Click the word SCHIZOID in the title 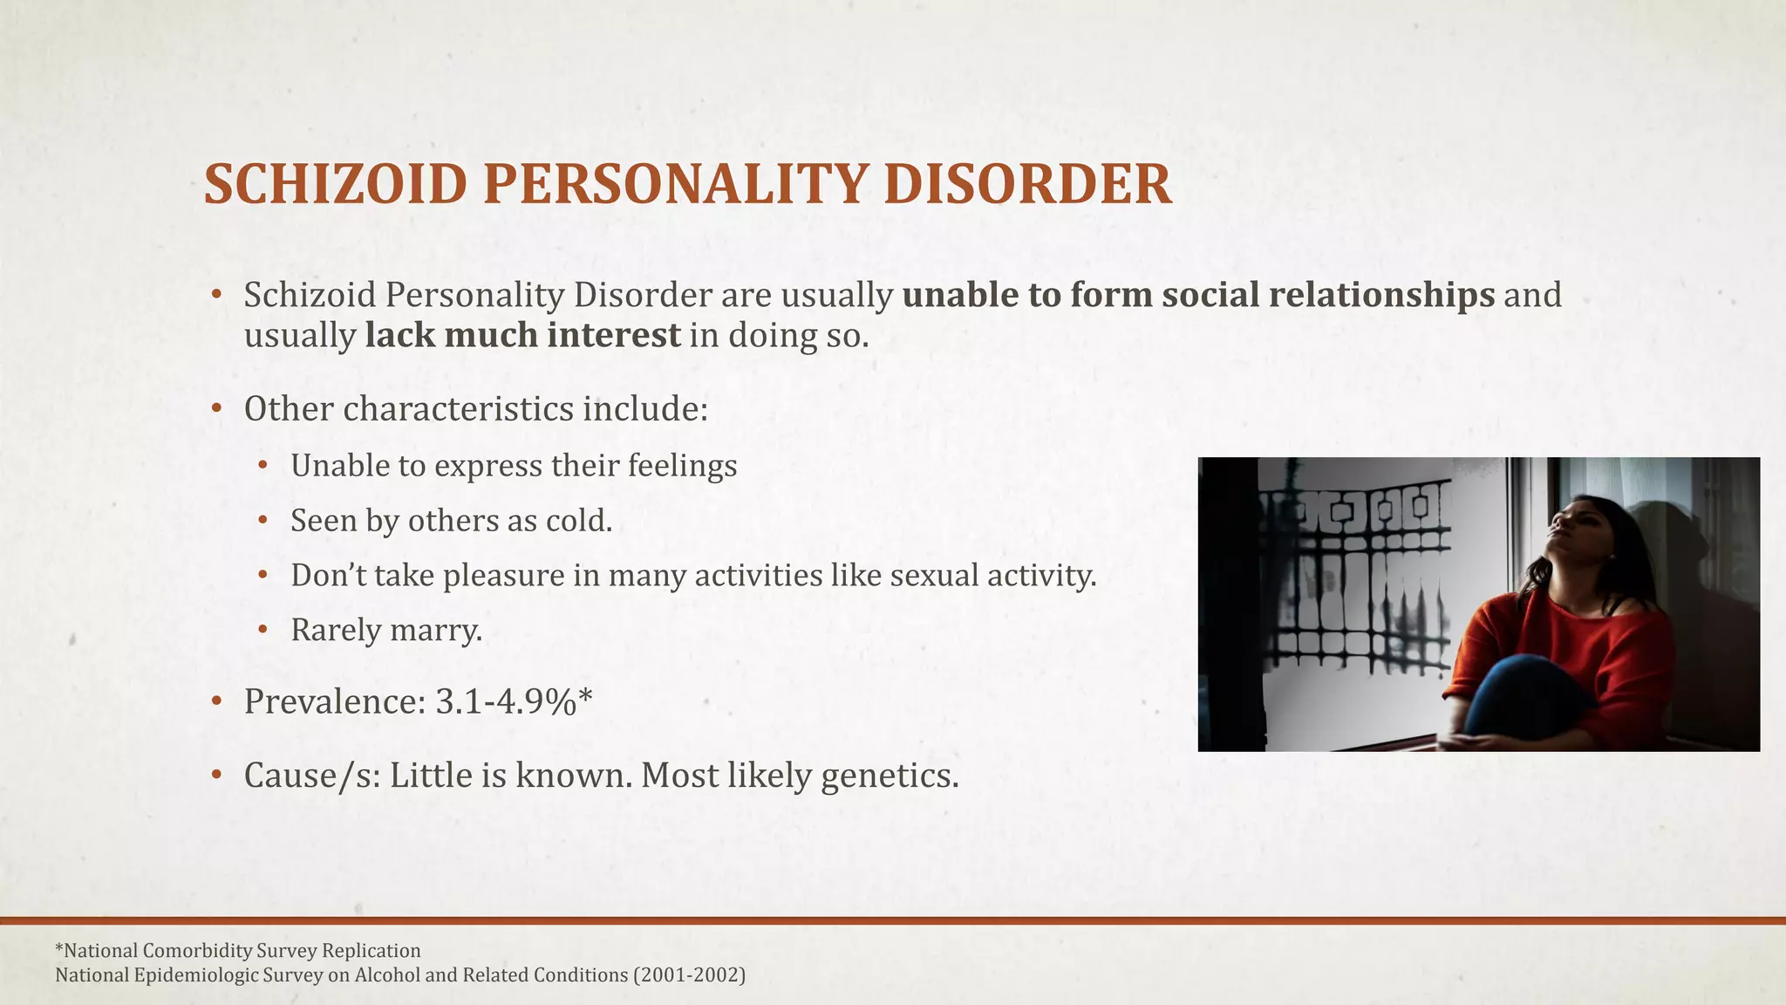[x=336, y=185]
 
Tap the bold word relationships [x=1381, y=295]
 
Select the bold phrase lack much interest [x=522, y=335]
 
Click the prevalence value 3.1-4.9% [x=506, y=701]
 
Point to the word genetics [x=890, y=775]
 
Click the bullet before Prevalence [x=216, y=701]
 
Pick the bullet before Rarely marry [x=263, y=630]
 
